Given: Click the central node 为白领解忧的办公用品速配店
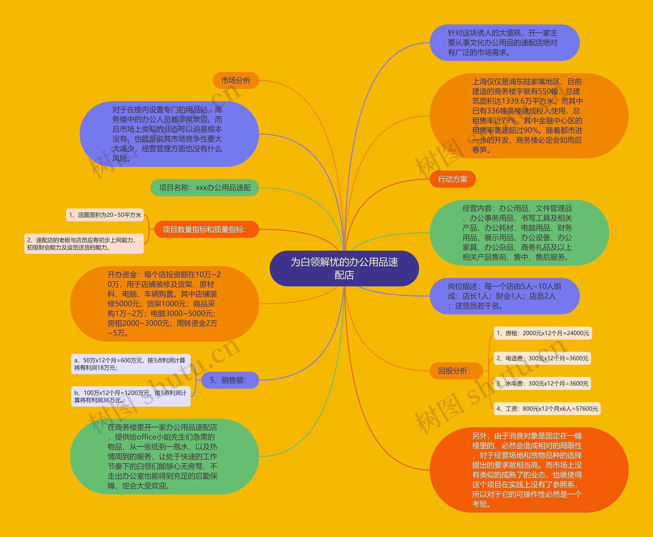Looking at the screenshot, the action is (344, 268).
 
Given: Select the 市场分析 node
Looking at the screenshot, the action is (236, 80).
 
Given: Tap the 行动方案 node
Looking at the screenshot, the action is (453, 179).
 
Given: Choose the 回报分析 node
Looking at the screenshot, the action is (456, 371).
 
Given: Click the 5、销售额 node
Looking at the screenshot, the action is (230, 380).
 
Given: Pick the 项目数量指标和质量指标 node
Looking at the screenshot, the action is (206, 229).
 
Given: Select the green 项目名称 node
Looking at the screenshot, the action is (205, 188).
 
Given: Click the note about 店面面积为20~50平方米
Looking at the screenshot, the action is (105, 215).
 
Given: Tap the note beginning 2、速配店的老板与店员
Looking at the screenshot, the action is (84, 243).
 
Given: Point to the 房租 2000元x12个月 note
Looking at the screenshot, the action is (543, 333).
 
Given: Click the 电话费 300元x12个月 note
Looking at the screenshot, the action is (542, 358).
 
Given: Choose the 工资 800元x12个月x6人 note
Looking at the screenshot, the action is (547, 408).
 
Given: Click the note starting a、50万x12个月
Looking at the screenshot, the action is (131, 364).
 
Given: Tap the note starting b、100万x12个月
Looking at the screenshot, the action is (131, 396).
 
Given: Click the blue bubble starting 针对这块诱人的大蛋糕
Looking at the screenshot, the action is (504, 43).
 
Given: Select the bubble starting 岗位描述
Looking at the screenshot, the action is (504, 296).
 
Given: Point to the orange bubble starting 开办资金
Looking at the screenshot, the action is (164, 304).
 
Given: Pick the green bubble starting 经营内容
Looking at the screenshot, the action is (519, 233).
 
